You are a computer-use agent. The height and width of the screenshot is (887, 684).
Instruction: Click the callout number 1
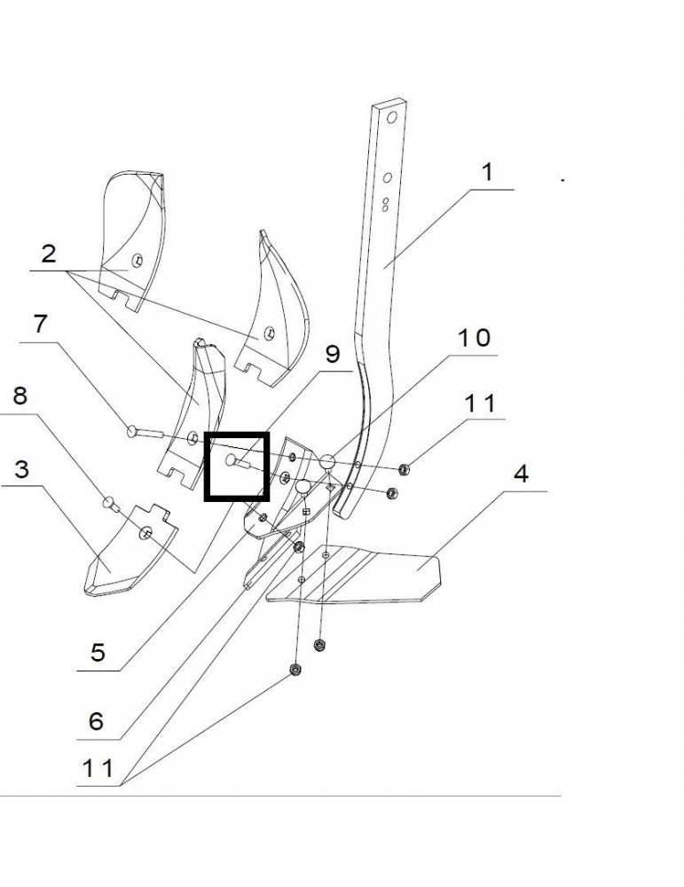(487, 172)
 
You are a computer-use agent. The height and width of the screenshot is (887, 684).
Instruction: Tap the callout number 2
(49, 255)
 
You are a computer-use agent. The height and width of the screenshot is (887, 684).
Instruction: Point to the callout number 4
(521, 473)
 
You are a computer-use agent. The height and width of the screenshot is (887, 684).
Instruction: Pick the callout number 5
(98, 654)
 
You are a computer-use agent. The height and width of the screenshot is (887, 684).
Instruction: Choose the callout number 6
(97, 721)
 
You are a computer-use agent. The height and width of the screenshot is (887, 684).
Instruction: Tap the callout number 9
(332, 355)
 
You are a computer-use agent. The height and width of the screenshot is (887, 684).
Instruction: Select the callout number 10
(473, 338)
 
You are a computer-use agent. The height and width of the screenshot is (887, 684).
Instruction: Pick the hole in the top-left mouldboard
(137, 259)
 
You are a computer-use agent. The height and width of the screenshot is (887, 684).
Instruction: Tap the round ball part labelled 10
(326, 460)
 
